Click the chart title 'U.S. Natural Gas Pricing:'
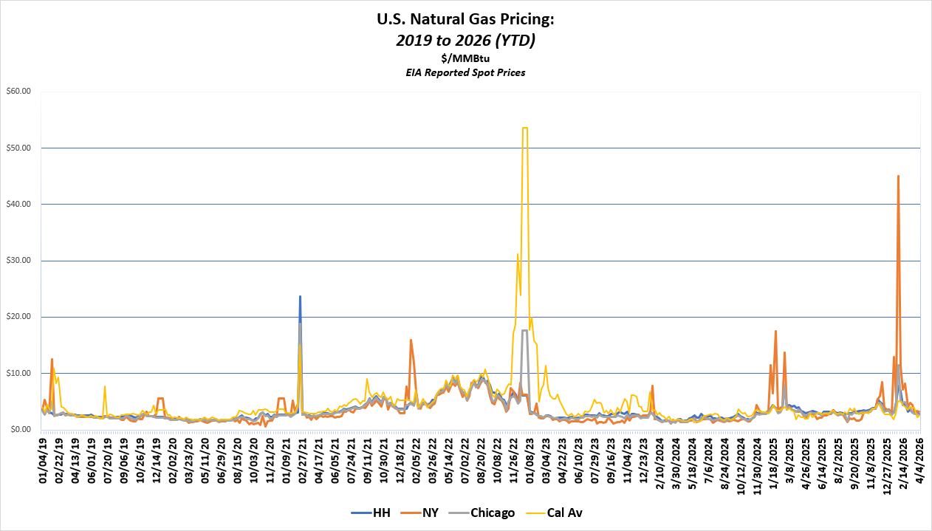point(465,20)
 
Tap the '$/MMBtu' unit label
point(465,58)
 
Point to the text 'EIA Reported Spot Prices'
point(465,72)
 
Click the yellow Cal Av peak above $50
point(524,128)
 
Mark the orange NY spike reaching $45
point(898,177)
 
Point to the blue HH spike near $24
point(300,297)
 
